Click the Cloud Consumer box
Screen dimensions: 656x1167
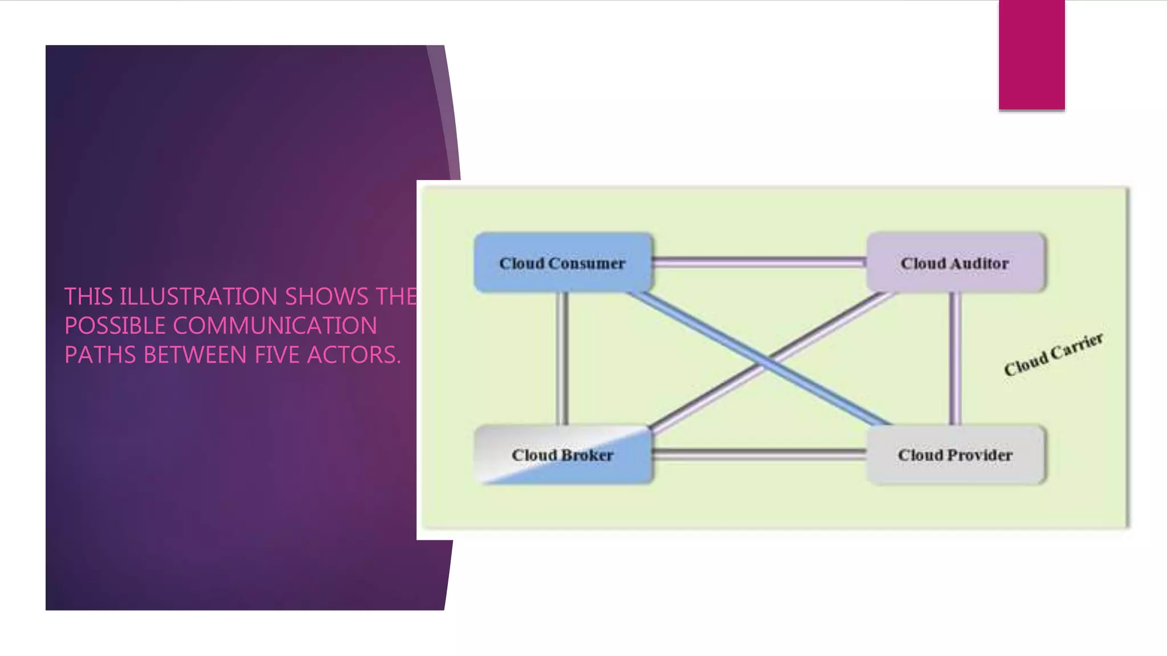[562, 263]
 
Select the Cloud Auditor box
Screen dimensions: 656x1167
[955, 263]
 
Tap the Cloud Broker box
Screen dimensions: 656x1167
[562, 455]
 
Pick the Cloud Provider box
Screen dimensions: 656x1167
[955, 455]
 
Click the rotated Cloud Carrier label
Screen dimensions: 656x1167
[1053, 355]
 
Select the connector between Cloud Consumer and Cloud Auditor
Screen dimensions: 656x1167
[759, 262]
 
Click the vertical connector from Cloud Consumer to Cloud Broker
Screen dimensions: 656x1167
[562, 359]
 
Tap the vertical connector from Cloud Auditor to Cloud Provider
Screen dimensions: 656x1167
[955, 359]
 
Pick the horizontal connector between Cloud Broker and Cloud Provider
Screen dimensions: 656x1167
[759, 454]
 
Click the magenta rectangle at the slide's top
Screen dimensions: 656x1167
[1031, 55]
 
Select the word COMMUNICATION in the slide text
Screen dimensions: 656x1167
[275, 326]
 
